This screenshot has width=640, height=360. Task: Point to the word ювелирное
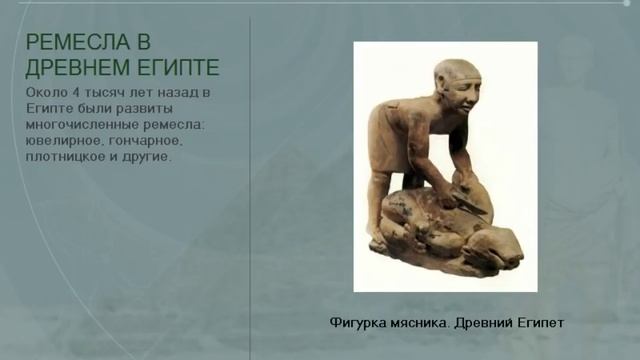click(x=61, y=142)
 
